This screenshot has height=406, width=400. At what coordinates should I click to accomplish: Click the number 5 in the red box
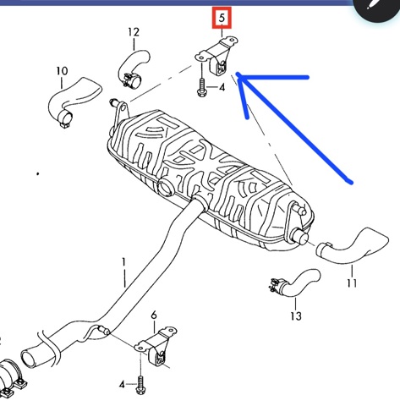pos(222,18)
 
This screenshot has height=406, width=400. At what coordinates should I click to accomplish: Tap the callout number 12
pos(134,32)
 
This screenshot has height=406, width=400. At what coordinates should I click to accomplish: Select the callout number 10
pos(62,71)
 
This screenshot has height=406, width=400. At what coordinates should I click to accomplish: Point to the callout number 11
pos(352,283)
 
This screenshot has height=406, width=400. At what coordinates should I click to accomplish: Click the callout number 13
pos(296,316)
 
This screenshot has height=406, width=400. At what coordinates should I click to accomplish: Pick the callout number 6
pos(154,315)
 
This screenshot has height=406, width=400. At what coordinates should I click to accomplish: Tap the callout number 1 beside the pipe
pos(123,263)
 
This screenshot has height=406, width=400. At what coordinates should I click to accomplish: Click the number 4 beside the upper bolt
pos(222,87)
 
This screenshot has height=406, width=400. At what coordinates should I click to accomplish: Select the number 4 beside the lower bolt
pos(122,384)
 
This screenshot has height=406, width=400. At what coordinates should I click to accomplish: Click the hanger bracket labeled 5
pos(216,56)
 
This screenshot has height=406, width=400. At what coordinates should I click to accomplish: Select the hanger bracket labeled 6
pos(156,344)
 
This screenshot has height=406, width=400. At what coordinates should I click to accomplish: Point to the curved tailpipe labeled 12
pos(133,67)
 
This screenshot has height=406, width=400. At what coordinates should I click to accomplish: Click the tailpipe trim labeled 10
pos(74,101)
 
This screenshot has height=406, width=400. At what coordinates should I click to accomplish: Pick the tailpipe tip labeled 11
pos(353,246)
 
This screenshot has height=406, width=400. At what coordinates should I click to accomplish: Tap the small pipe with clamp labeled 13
pos(295,283)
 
